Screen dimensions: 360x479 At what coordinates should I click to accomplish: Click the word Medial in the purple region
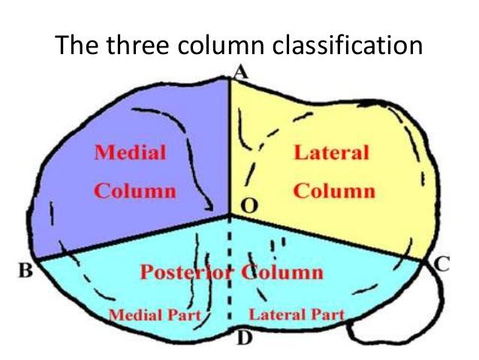coord(130,153)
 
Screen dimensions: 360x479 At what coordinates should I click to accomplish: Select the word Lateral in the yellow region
coord(332,153)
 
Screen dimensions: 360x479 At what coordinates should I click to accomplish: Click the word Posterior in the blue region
coord(186,271)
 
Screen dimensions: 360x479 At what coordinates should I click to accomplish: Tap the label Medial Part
coord(155,314)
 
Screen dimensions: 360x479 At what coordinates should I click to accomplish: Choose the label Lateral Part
coord(297,314)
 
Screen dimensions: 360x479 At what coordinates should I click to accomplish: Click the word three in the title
coord(134,47)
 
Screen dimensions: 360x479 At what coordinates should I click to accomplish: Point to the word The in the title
coord(74,47)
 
